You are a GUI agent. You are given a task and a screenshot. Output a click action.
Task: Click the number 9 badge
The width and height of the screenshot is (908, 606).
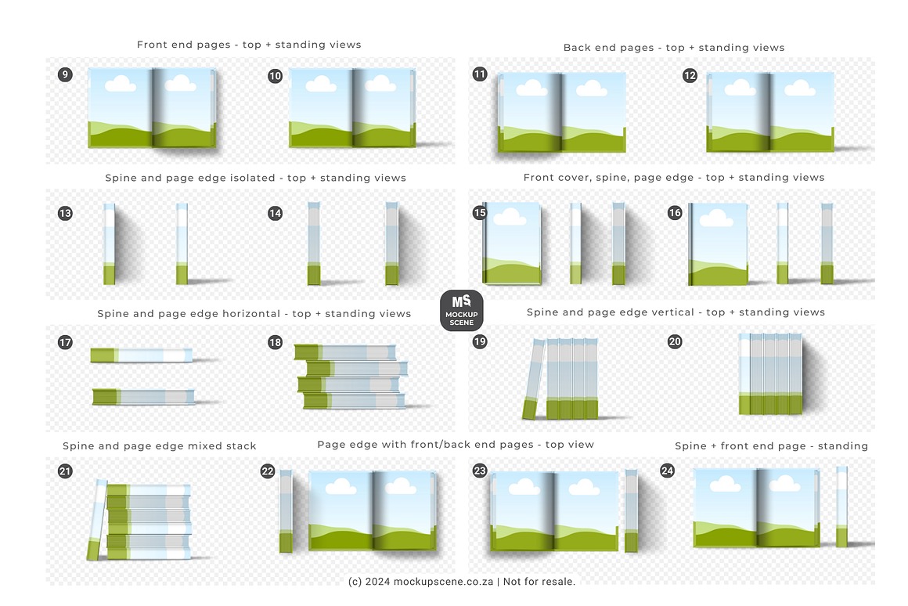[x=66, y=74]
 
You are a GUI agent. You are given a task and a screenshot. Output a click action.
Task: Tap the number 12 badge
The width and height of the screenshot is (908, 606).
[x=690, y=75]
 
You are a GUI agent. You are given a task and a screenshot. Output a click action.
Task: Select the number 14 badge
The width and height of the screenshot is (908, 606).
[x=275, y=213]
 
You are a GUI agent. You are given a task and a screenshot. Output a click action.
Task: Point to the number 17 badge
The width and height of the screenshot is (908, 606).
[x=66, y=342]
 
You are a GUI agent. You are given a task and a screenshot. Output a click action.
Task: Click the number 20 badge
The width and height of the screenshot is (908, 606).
[x=675, y=341]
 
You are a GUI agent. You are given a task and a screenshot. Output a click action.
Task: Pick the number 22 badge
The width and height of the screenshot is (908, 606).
[x=268, y=471]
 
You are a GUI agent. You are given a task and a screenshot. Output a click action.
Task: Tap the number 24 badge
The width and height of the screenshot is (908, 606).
[x=667, y=471]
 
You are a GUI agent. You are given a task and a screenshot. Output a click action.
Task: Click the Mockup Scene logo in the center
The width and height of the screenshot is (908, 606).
[x=462, y=311]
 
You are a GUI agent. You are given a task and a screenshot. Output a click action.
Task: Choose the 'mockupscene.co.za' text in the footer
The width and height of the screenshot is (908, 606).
[x=443, y=582]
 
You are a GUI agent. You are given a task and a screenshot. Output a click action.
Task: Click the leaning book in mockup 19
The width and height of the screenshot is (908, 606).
[x=533, y=380]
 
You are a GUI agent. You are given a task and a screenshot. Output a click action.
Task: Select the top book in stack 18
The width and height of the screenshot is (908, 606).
[x=345, y=352]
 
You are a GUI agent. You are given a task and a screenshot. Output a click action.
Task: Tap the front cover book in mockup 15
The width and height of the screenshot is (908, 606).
[x=512, y=243]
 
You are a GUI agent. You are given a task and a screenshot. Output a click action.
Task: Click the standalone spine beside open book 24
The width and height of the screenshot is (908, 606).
[x=842, y=507]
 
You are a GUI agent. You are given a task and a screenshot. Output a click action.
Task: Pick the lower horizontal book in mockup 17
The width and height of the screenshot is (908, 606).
[x=143, y=396]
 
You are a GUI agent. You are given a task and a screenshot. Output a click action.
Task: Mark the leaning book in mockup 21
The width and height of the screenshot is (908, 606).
[x=97, y=520]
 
